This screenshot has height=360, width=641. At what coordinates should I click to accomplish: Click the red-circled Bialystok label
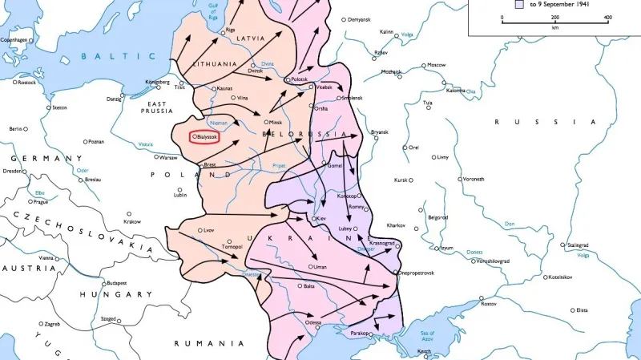point(205,137)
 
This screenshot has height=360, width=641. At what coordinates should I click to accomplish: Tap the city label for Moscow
point(436,65)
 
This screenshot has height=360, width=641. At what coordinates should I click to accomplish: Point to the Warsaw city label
point(167,157)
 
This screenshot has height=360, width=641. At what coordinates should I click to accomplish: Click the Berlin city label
point(15,128)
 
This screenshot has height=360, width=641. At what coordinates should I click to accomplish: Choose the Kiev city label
point(322,218)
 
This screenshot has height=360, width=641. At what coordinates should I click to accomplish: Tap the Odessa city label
point(312,322)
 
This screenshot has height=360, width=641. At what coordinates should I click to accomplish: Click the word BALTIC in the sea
point(119,55)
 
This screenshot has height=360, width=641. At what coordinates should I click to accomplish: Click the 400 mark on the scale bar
point(607,17)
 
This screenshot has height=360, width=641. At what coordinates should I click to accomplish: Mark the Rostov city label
point(489,303)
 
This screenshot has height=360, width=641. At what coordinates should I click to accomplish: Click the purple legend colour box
point(518,4)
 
